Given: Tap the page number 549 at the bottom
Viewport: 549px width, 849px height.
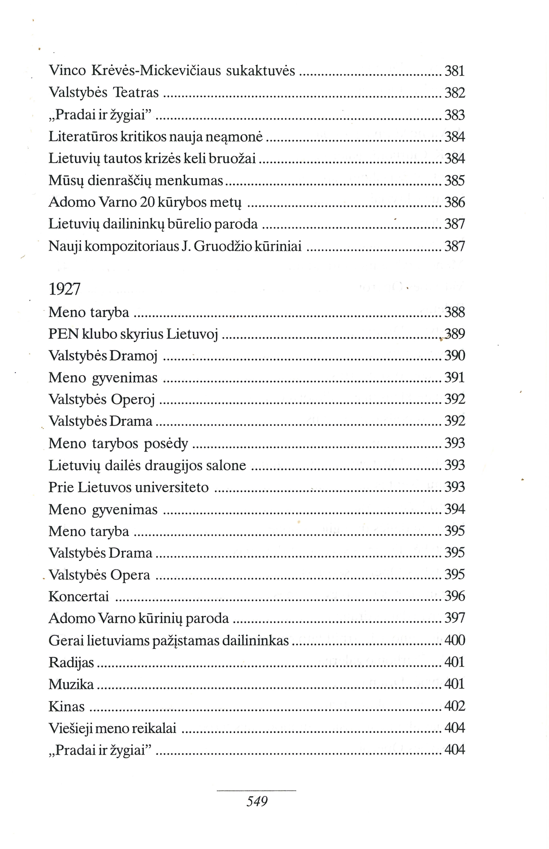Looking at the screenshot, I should (257, 802).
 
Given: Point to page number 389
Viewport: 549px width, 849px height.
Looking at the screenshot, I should (455, 334).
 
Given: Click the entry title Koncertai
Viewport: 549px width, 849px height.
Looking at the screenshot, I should (78, 597).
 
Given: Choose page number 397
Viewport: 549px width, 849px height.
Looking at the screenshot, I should (455, 618).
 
